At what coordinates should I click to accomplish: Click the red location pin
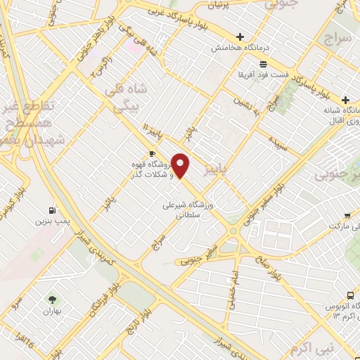tap(181, 165)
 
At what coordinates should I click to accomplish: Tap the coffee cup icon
tap(152, 153)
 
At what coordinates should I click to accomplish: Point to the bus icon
tap(351, 295)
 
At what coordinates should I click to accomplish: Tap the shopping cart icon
tap(347, 216)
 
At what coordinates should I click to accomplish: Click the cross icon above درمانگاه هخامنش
tap(240, 37)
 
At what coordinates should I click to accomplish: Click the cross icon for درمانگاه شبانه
tap(345, 101)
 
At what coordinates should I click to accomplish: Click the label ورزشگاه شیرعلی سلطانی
tap(191, 210)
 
